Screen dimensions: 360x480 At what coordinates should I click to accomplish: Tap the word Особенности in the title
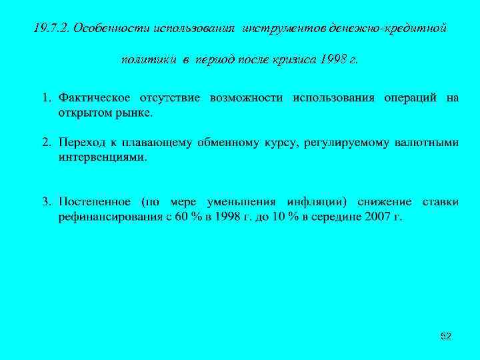tap(110, 29)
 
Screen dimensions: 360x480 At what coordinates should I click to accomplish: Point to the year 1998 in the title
tap(333, 59)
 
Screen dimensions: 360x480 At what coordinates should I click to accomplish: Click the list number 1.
tap(47, 99)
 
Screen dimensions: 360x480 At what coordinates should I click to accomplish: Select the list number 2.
tap(47, 143)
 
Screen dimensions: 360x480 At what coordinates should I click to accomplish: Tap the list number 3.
tap(47, 201)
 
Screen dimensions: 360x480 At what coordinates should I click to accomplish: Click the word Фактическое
tap(93, 99)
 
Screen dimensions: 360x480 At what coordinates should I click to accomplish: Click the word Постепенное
tap(96, 201)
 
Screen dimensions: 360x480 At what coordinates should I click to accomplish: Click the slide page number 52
tap(445, 337)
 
